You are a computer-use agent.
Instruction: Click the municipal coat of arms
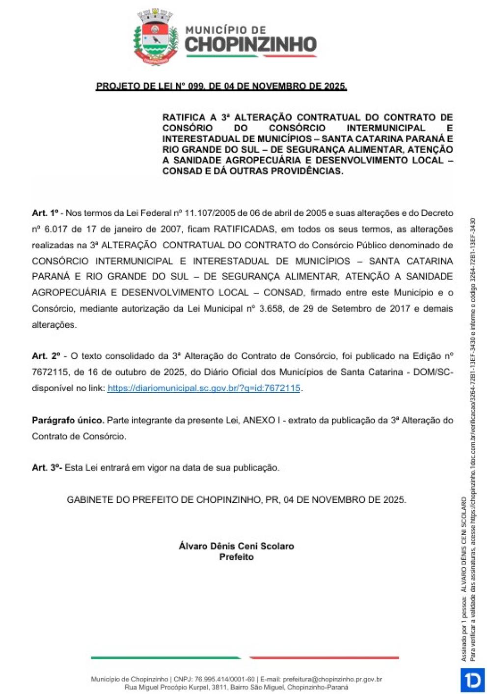156,37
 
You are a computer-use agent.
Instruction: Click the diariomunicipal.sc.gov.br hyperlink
204,388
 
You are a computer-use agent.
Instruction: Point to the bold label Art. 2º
46,356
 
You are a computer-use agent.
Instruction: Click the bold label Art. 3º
47,468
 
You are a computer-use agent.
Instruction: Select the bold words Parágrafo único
68,421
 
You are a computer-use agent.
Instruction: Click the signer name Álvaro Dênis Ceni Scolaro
236,546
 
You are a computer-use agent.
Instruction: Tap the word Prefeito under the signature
236,557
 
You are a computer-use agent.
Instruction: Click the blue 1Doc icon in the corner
472,680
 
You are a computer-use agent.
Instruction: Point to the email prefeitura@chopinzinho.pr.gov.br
332,679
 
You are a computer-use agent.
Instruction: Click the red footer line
324,658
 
